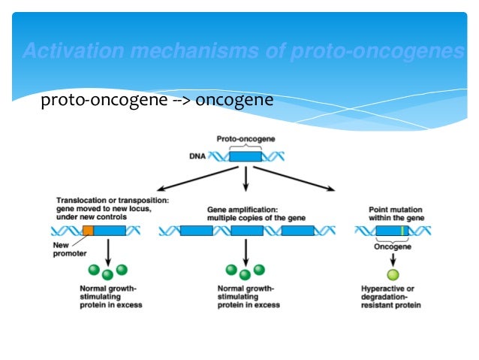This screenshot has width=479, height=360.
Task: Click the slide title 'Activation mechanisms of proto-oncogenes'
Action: (x=243, y=51)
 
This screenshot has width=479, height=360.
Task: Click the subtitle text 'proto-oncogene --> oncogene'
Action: (x=157, y=100)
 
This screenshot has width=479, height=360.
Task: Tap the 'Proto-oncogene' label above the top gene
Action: (x=246, y=139)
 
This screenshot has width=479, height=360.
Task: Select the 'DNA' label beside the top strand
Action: (x=197, y=156)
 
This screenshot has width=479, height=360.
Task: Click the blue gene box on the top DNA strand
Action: (x=246, y=157)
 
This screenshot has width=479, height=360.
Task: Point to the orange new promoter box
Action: (x=88, y=231)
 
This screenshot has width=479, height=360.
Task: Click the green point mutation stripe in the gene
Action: (x=402, y=231)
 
